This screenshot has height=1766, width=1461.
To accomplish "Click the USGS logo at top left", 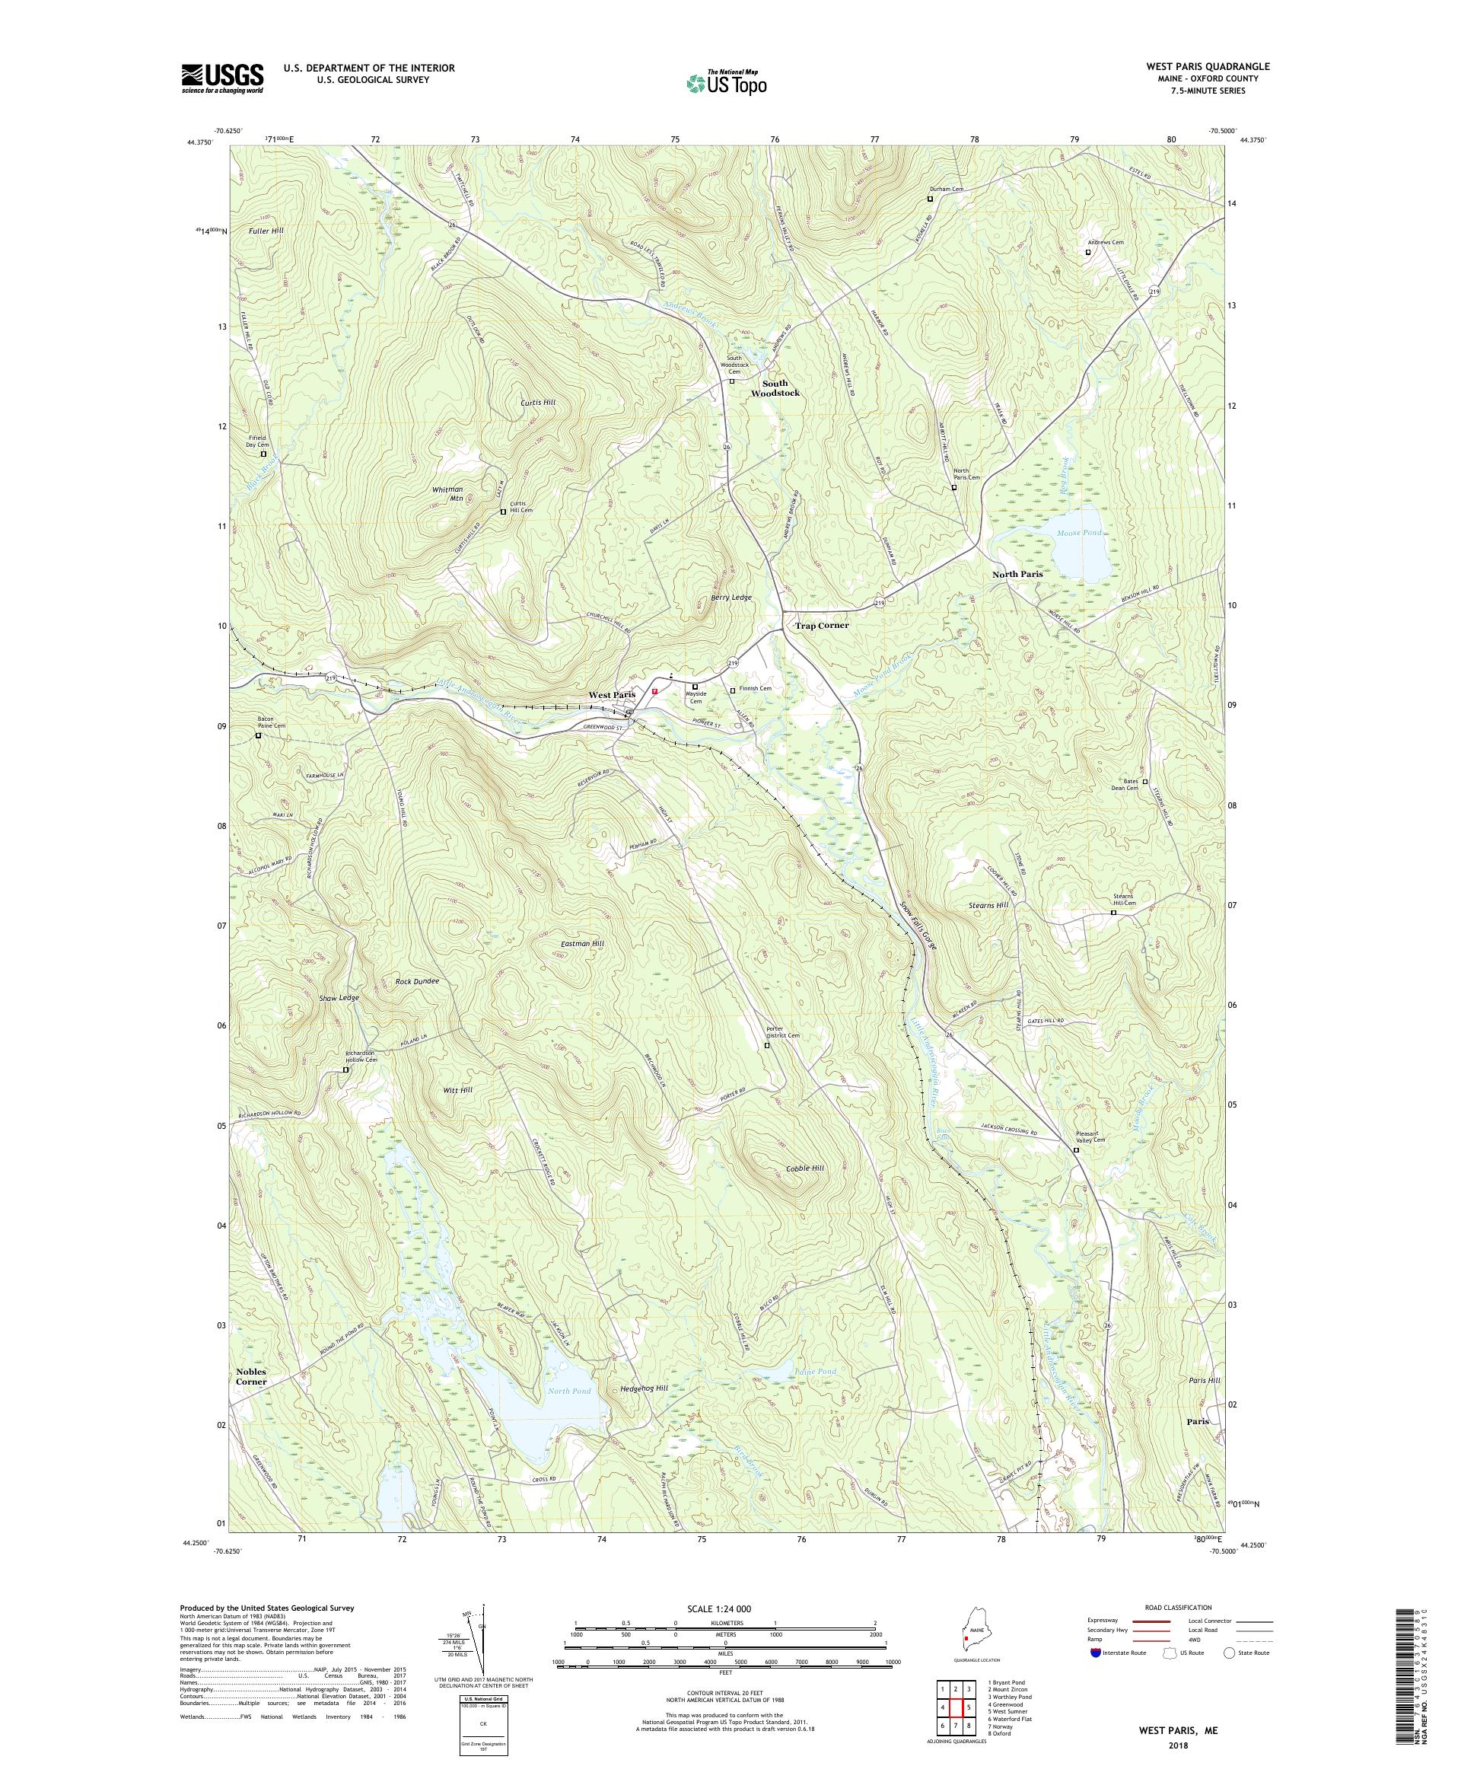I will [x=222, y=79].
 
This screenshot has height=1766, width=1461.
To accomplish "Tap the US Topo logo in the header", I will [x=727, y=81].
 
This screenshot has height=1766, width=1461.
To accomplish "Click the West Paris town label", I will [x=611, y=695].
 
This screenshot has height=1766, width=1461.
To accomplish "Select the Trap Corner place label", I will [x=821, y=626].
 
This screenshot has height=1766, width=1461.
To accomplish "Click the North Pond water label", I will [x=569, y=1391].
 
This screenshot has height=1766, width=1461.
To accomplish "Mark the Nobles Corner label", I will [x=250, y=1376].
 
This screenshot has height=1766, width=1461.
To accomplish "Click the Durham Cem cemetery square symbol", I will [x=930, y=199].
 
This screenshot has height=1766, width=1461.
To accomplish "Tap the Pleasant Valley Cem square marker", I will [x=1076, y=1150].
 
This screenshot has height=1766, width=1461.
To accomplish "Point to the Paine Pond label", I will [x=814, y=1372].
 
